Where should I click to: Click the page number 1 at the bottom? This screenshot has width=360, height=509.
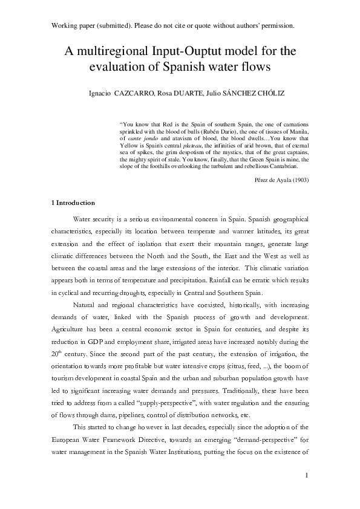coord(307,476)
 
